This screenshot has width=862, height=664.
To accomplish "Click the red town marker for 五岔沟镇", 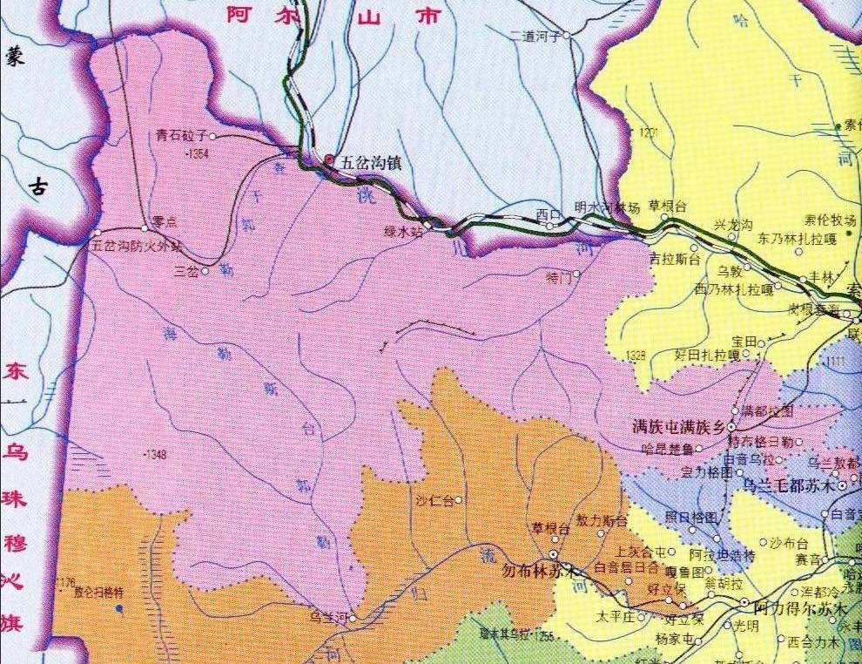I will click(x=328, y=159).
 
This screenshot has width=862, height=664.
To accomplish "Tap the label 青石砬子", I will click(x=180, y=136).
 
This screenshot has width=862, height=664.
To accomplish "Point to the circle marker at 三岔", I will click(x=205, y=271).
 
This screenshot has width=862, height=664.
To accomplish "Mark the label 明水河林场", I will click(x=608, y=207).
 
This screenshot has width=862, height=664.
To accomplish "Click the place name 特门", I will click(x=557, y=279).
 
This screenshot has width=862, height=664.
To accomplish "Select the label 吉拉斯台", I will click(x=675, y=259).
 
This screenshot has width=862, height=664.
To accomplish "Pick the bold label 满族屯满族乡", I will click(x=678, y=427).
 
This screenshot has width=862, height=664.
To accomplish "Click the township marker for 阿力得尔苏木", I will click(x=744, y=602).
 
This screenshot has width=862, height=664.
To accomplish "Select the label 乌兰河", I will click(x=328, y=618).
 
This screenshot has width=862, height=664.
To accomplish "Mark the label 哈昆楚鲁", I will click(x=666, y=450).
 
